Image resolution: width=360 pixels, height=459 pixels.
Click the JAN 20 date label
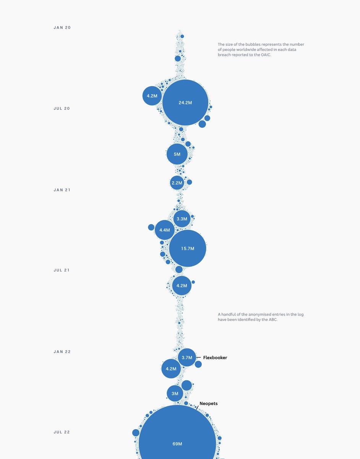[62, 28]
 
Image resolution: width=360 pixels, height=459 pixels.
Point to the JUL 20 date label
[62, 109]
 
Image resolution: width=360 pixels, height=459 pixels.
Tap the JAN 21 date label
[62, 190]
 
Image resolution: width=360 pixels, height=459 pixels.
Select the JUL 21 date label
[62, 270]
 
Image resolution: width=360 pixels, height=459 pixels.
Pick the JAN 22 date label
[62, 352]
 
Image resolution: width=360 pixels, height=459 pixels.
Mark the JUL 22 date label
[62, 432]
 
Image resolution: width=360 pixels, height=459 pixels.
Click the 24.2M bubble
[185, 103]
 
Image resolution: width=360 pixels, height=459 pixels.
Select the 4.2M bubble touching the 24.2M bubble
[152, 96]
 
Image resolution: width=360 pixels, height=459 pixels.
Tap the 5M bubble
[177, 154]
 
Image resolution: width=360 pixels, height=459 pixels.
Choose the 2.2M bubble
[177, 183]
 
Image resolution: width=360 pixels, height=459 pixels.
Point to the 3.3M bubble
[182, 219]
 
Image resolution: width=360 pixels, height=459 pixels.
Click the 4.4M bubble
[165, 230]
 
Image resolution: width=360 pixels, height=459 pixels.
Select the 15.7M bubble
[188, 249]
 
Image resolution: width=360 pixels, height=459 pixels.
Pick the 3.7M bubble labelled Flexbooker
[187, 358]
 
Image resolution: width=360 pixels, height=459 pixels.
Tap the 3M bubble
[175, 394]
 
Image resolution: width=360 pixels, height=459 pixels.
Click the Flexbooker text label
[215, 358]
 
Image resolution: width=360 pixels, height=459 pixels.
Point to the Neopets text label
[208, 404]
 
